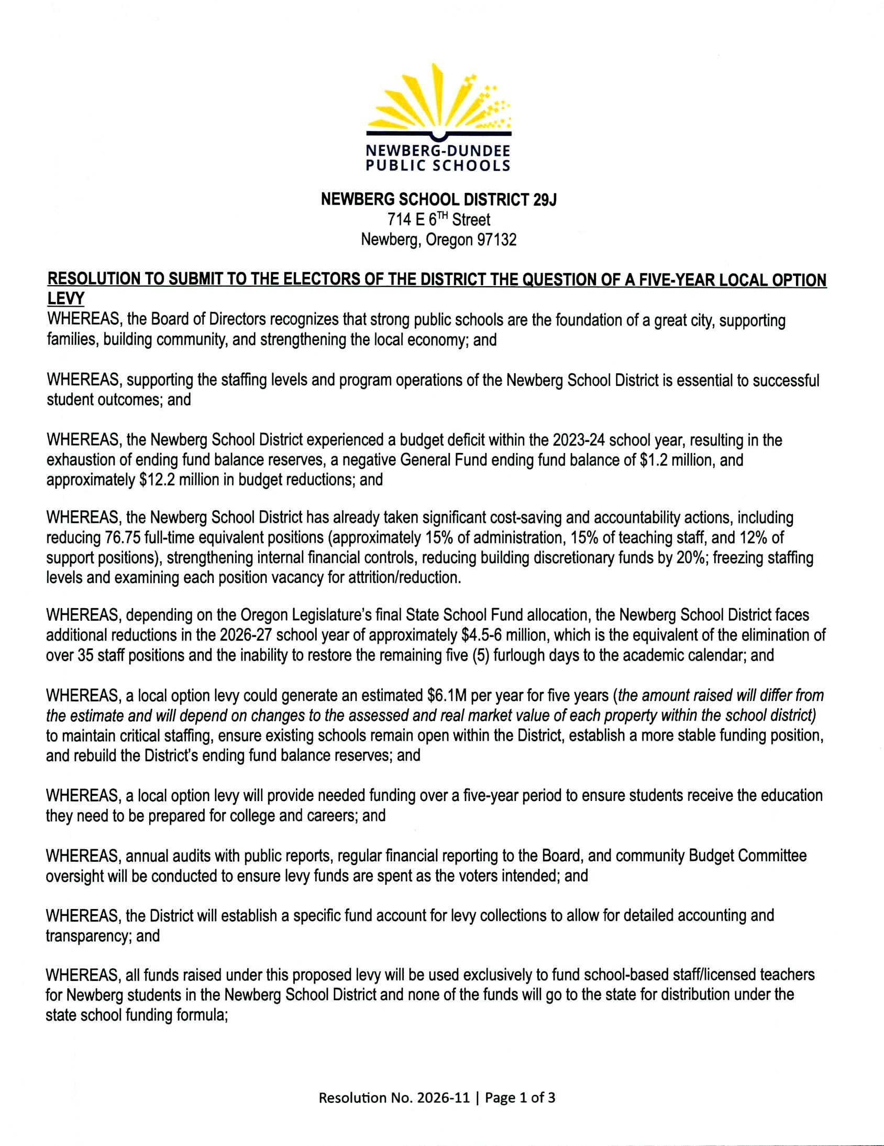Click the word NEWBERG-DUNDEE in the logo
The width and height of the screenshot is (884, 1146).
pyautogui.click(x=438, y=151)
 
